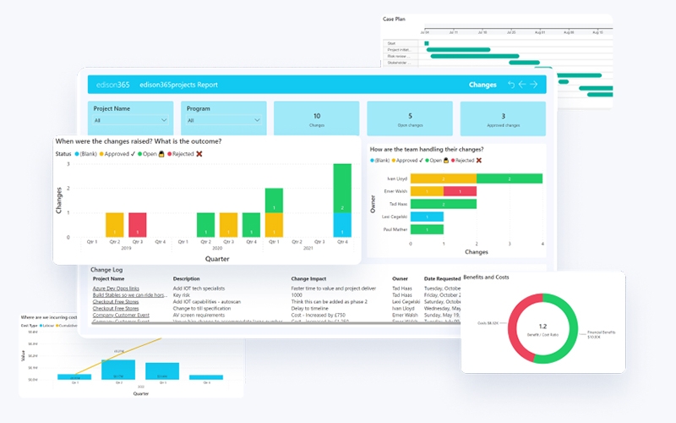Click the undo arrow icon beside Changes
tap(510, 85)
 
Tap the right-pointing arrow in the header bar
tap(534, 85)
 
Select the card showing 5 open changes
tap(410, 119)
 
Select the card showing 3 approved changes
tap(503, 119)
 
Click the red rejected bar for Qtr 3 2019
tap(138, 225)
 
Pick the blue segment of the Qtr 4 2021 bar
tap(341, 225)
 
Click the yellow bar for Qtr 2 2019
tap(115, 225)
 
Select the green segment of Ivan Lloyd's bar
tap(510, 179)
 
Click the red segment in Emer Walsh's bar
tap(460, 191)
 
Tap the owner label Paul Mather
tap(395, 229)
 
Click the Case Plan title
tap(395, 19)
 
